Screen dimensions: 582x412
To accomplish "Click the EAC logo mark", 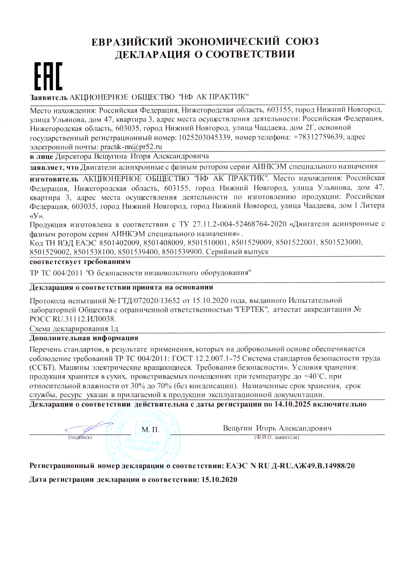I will (x=48, y=76).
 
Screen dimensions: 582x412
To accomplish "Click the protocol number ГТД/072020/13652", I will (x=149, y=301).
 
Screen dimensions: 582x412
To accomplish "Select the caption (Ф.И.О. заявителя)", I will (x=276, y=437).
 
